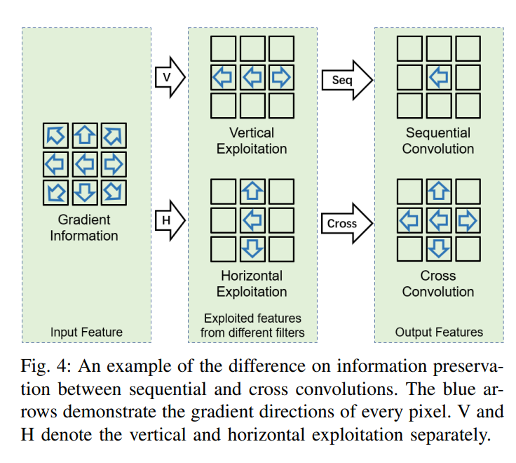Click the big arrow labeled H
tap(168, 221)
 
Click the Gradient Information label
tap(84, 227)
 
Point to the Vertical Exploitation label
tap(252, 140)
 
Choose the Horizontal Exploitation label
tap(252, 284)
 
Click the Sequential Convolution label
tap(438, 140)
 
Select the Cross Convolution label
tap(438, 284)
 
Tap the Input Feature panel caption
tap(86, 332)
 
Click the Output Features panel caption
tap(439, 332)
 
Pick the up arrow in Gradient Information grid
tap(84, 135)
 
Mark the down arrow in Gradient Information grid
tap(84, 192)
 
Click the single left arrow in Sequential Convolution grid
tap(439, 77)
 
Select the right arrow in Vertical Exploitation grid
tap(280, 77)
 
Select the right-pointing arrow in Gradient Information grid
tap(112, 163)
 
